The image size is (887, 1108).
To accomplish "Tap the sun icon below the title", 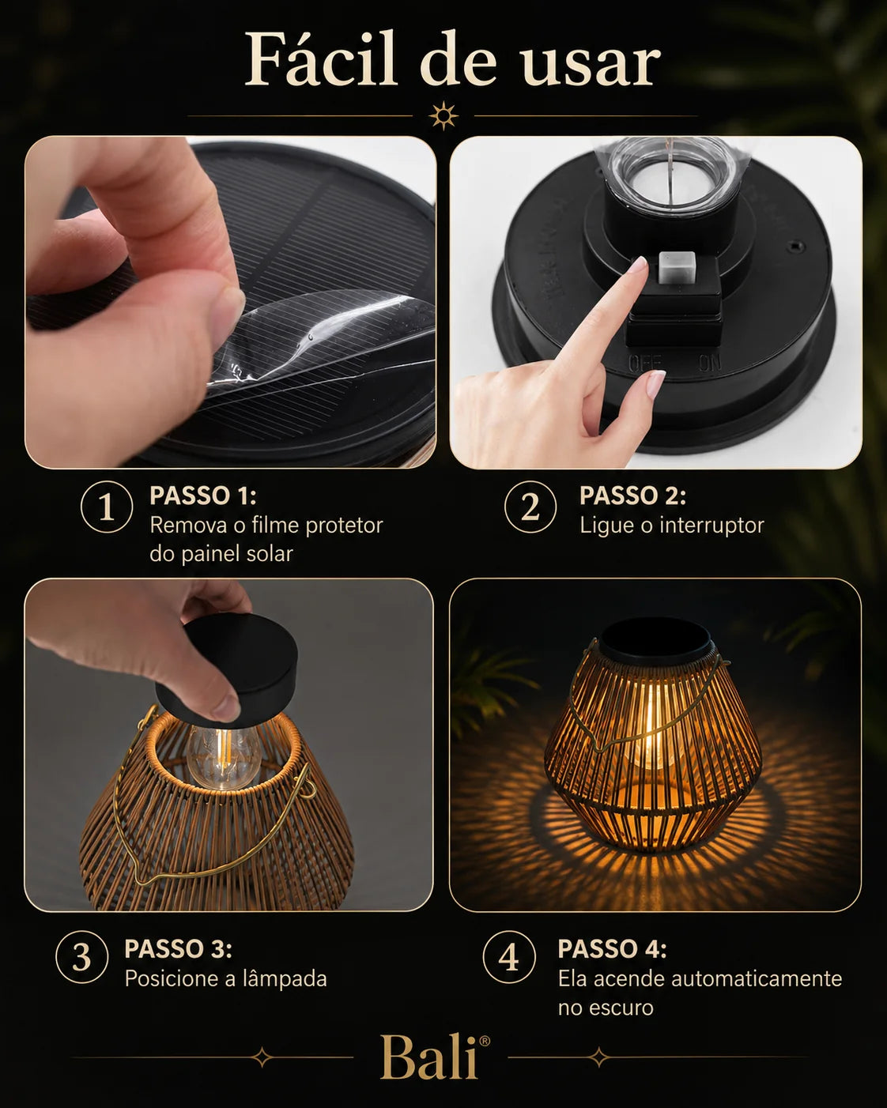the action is pos(443,116).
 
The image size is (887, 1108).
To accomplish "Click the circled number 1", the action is pos(107,507).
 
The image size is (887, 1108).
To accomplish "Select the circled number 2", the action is pos(530,507).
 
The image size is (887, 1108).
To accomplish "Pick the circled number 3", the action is pos(82,957).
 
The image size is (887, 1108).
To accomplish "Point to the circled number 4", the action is pos(509,957).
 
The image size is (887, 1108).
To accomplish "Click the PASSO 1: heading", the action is pos(203,496).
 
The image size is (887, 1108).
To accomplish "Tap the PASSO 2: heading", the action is pos(632,496).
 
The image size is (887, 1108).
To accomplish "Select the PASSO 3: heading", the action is pos(178,948).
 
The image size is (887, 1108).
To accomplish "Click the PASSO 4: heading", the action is pos(612,948).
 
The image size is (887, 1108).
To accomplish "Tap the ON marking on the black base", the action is pos(711,363).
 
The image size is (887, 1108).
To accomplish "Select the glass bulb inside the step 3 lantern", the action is pos(224,755).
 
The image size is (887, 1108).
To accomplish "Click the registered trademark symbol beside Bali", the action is pos(485,1041).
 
